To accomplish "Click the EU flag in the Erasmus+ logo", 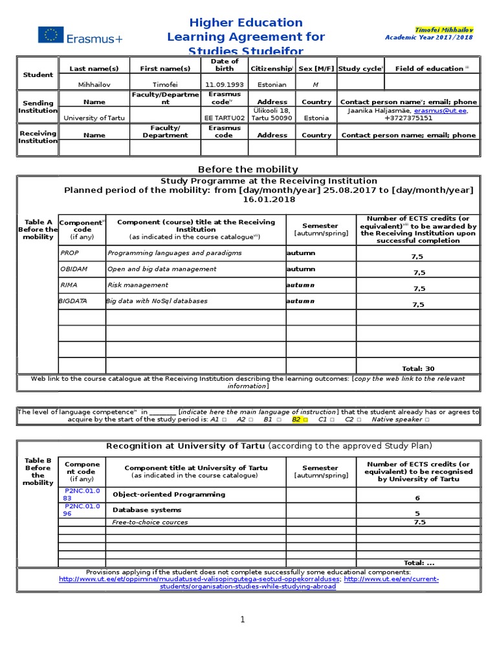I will [50, 35].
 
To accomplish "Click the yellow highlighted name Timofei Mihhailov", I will [445, 30].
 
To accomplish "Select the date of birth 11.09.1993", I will [225, 84].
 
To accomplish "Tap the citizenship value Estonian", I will [272, 84].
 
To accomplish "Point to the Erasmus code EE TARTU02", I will [225, 118].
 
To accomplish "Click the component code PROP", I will [69, 253].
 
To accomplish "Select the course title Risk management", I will [138, 285].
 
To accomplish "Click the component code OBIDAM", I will [73, 269].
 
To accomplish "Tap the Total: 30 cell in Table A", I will [418, 368].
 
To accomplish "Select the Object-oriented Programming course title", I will [160, 495].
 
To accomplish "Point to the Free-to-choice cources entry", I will [150, 522].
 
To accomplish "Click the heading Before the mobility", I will [248, 169].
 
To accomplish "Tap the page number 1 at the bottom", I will [243, 620].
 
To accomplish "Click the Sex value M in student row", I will [316, 84].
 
